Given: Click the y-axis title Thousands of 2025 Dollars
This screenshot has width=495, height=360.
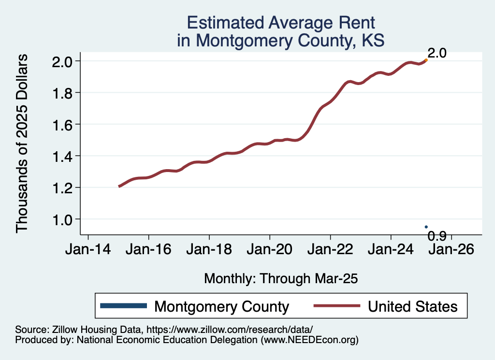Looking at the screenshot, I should tap(23, 144).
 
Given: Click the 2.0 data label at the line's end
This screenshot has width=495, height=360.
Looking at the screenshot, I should tap(437, 53).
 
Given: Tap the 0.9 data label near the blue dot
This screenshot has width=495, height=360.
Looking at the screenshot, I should tap(437, 236).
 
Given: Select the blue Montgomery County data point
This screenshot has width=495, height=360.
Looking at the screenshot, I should tap(426, 227).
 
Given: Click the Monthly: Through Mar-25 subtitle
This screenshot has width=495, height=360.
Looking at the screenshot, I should tap(280, 278).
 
